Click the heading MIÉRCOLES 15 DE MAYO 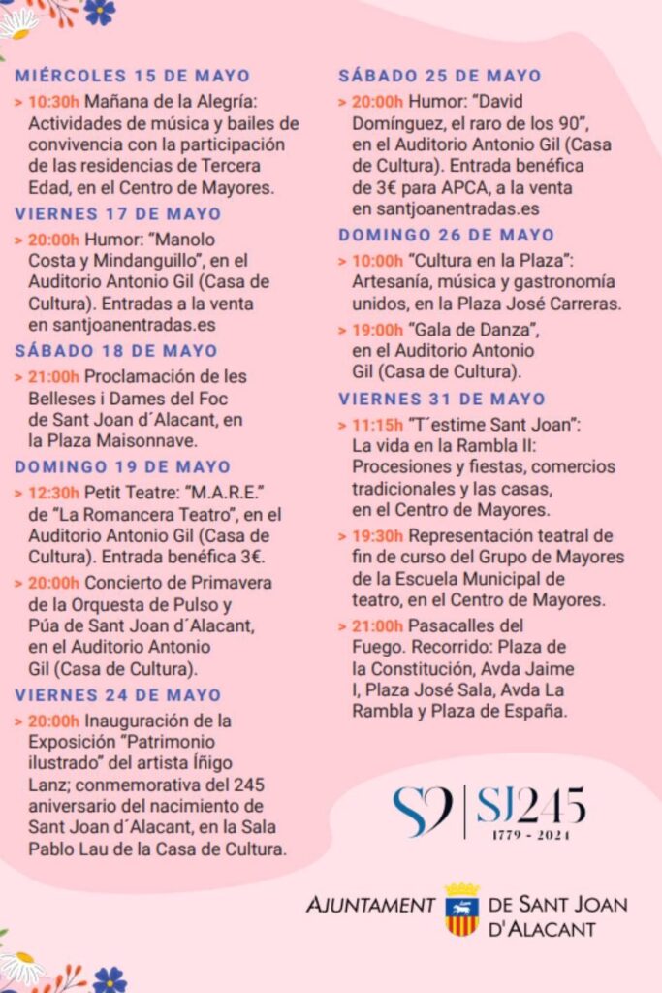pos(132,76)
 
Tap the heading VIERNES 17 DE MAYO pos(117,213)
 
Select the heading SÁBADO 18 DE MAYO pos(116,351)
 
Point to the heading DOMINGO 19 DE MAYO pos(122,466)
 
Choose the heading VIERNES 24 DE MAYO pos(117,695)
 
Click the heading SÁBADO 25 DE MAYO pos(440,76)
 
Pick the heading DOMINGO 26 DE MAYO pos(446,235)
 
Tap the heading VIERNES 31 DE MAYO pos(441,399)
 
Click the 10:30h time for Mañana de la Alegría pos(54,100)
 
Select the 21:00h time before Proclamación pos(54,376)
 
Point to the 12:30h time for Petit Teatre pos(54,492)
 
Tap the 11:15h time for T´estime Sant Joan pos(377,424)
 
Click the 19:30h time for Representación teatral pos(378,535)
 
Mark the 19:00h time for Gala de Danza pos(378,330)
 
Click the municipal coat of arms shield pos(461,909)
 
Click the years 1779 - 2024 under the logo pos(531,835)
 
